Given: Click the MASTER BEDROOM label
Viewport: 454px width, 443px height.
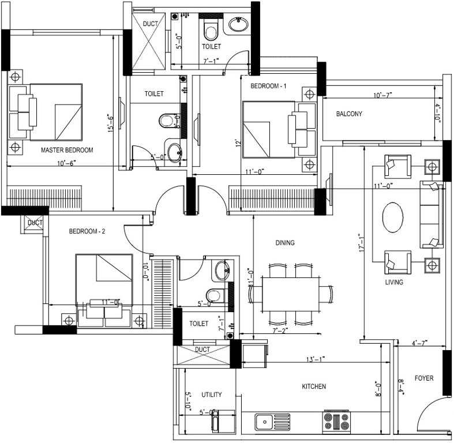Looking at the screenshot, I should click(67, 150).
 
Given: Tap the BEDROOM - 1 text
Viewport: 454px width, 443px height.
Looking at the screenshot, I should click(268, 86).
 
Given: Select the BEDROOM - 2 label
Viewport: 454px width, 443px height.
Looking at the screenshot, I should click(87, 232).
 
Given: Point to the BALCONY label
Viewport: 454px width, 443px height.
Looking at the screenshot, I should click(349, 114).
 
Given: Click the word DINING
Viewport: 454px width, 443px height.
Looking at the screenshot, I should click(285, 243).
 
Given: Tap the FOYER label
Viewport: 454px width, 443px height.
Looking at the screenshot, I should click(423, 378).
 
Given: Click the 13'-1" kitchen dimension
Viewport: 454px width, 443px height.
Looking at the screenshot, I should click(315, 359).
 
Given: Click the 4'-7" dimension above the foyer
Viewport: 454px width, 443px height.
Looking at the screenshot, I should click(419, 344).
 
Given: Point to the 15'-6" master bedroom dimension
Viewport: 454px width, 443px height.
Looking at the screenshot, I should click(110, 122).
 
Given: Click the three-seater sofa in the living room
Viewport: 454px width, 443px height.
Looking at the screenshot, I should click(432, 215).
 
